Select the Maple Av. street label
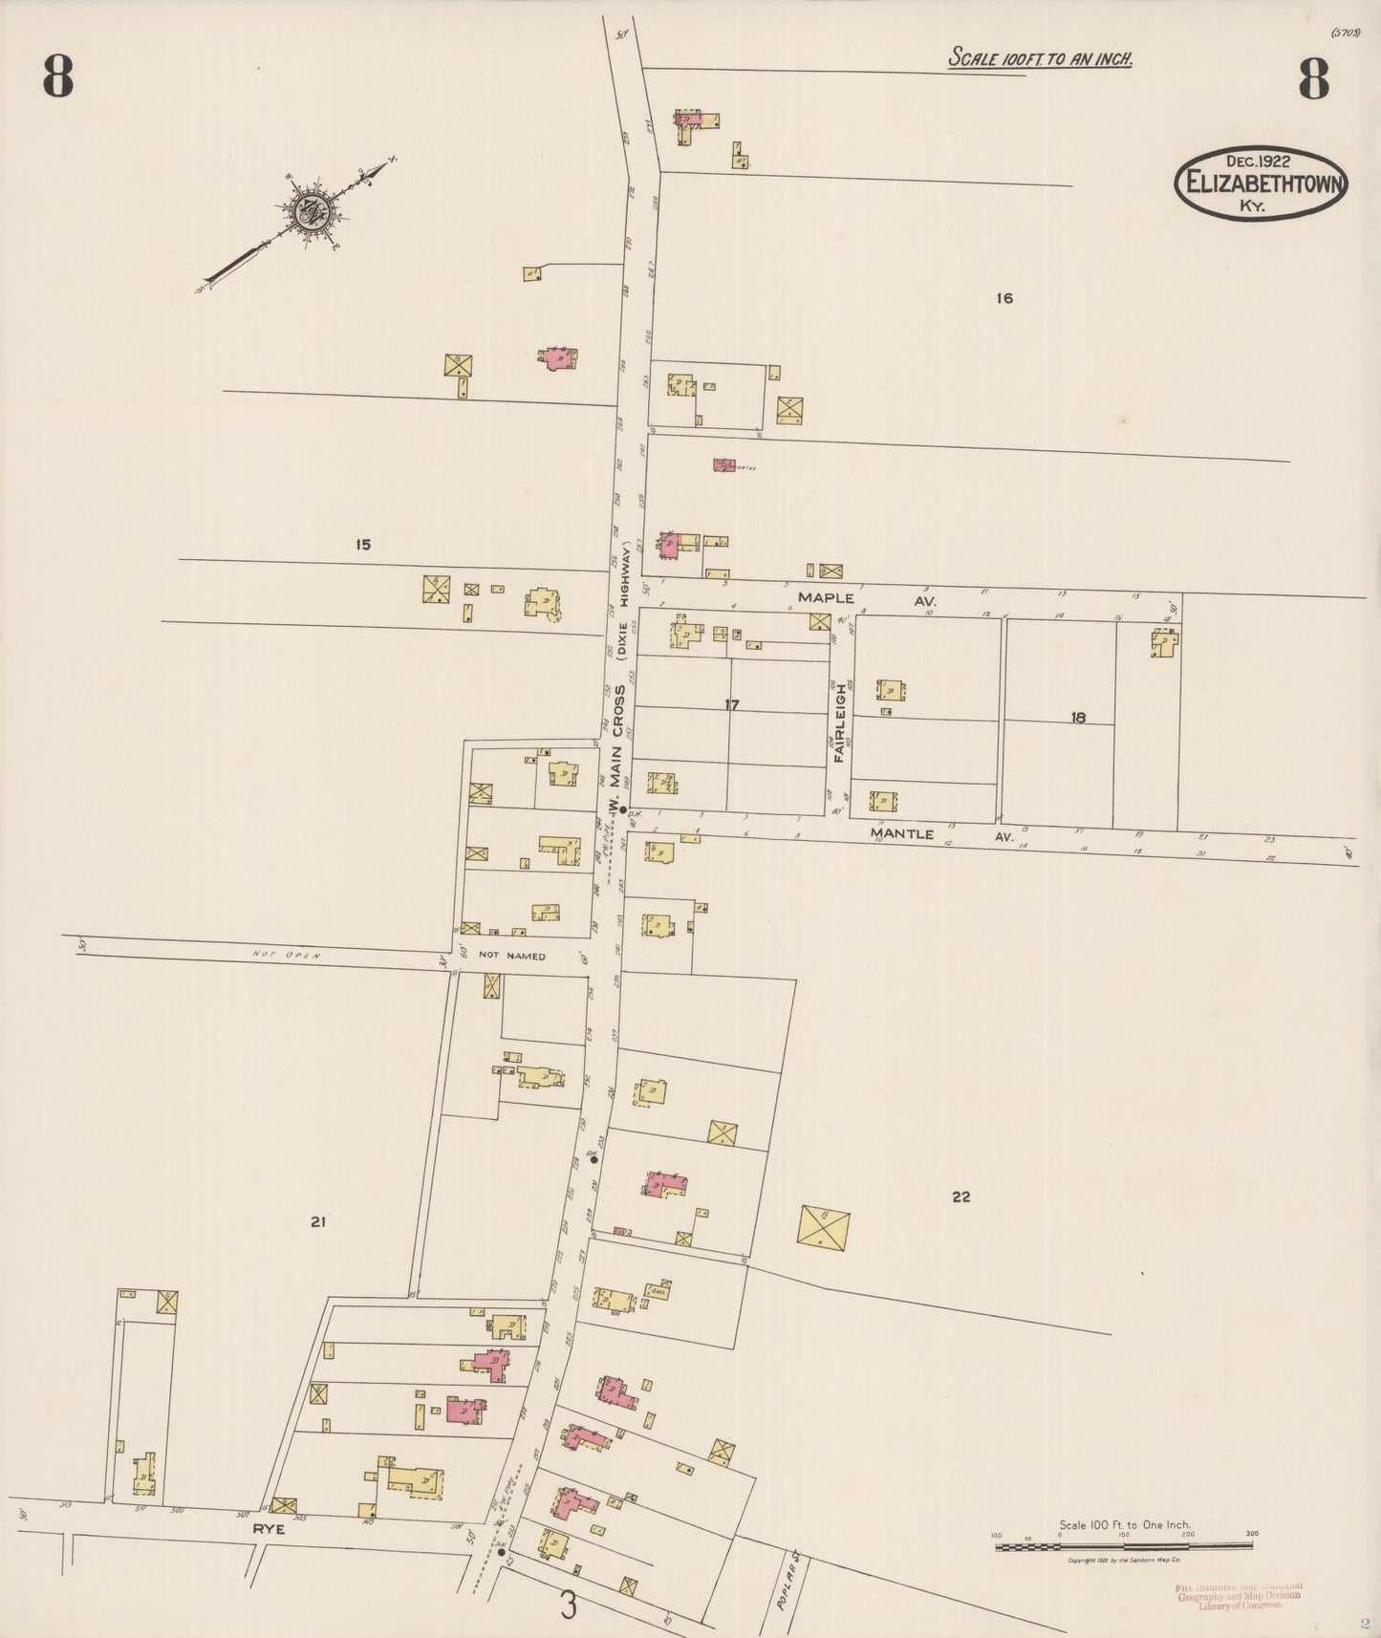(x=866, y=599)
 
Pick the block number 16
(x=1003, y=298)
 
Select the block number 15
(x=362, y=545)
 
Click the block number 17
(x=732, y=705)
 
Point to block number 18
(x=1078, y=718)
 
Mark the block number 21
(x=318, y=1221)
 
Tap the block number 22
(x=961, y=1196)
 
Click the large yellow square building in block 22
(x=823, y=1227)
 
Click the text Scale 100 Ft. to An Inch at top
(x=1040, y=59)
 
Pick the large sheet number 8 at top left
(x=57, y=79)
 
